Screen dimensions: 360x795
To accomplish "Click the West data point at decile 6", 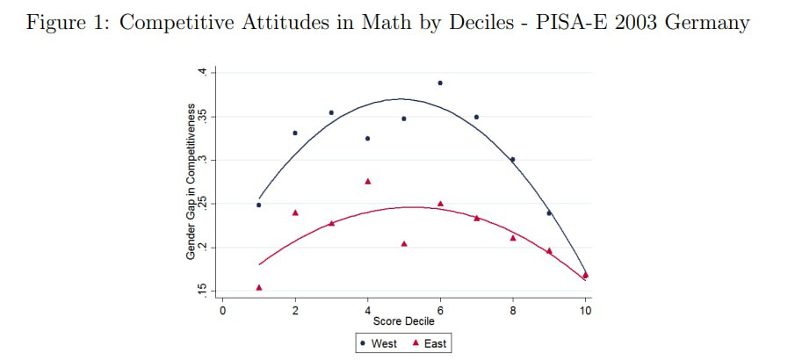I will click(440, 83).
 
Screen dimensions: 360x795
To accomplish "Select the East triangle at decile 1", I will click(259, 287).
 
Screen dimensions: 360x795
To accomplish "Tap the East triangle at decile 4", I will click(368, 181).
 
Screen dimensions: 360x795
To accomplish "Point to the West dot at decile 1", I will click(259, 205).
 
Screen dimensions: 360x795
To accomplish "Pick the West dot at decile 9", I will click(549, 213).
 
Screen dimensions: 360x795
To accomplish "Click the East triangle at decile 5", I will click(404, 243).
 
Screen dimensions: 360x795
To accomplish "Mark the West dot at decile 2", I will click(295, 133).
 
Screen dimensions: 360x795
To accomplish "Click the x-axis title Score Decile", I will click(404, 321).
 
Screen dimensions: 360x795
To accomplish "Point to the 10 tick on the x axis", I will click(585, 309).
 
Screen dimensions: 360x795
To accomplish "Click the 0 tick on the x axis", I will click(223, 309).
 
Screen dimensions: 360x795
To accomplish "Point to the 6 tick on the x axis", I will click(440, 309).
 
